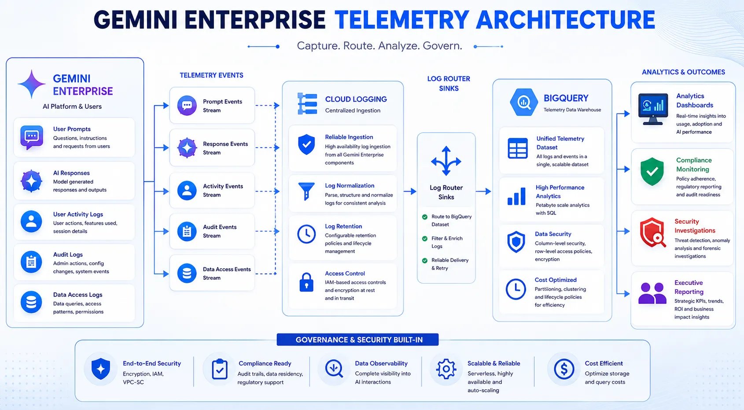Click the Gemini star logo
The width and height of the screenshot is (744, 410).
click(x=32, y=84)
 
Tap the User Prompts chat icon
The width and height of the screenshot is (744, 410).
click(x=32, y=137)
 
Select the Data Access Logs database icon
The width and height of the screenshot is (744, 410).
click(x=31, y=302)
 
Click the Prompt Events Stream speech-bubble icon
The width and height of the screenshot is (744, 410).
click(x=187, y=106)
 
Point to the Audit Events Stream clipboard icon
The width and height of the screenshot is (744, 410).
click(x=187, y=231)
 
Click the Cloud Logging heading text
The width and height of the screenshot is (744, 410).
click(x=356, y=99)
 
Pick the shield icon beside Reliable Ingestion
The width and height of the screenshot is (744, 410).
click(x=306, y=144)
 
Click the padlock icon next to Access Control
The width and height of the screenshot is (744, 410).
click(x=306, y=282)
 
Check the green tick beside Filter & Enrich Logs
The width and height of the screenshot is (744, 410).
click(x=424, y=239)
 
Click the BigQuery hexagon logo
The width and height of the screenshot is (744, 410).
click(x=524, y=102)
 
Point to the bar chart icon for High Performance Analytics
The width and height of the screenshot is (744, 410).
click(x=516, y=196)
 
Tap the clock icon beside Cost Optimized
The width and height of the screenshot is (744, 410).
click(x=516, y=289)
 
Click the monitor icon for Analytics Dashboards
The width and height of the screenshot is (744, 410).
click(x=653, y=109)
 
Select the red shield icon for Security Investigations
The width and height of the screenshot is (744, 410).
click(x=653, y=233)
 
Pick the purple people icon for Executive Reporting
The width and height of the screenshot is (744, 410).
click(x=652, y=293)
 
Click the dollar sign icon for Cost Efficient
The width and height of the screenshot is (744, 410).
click(x=564, y=369)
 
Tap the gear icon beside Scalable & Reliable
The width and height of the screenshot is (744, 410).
click(x=446, y=369)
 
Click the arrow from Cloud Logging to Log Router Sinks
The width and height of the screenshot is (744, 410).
click(x=410, y=192)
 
